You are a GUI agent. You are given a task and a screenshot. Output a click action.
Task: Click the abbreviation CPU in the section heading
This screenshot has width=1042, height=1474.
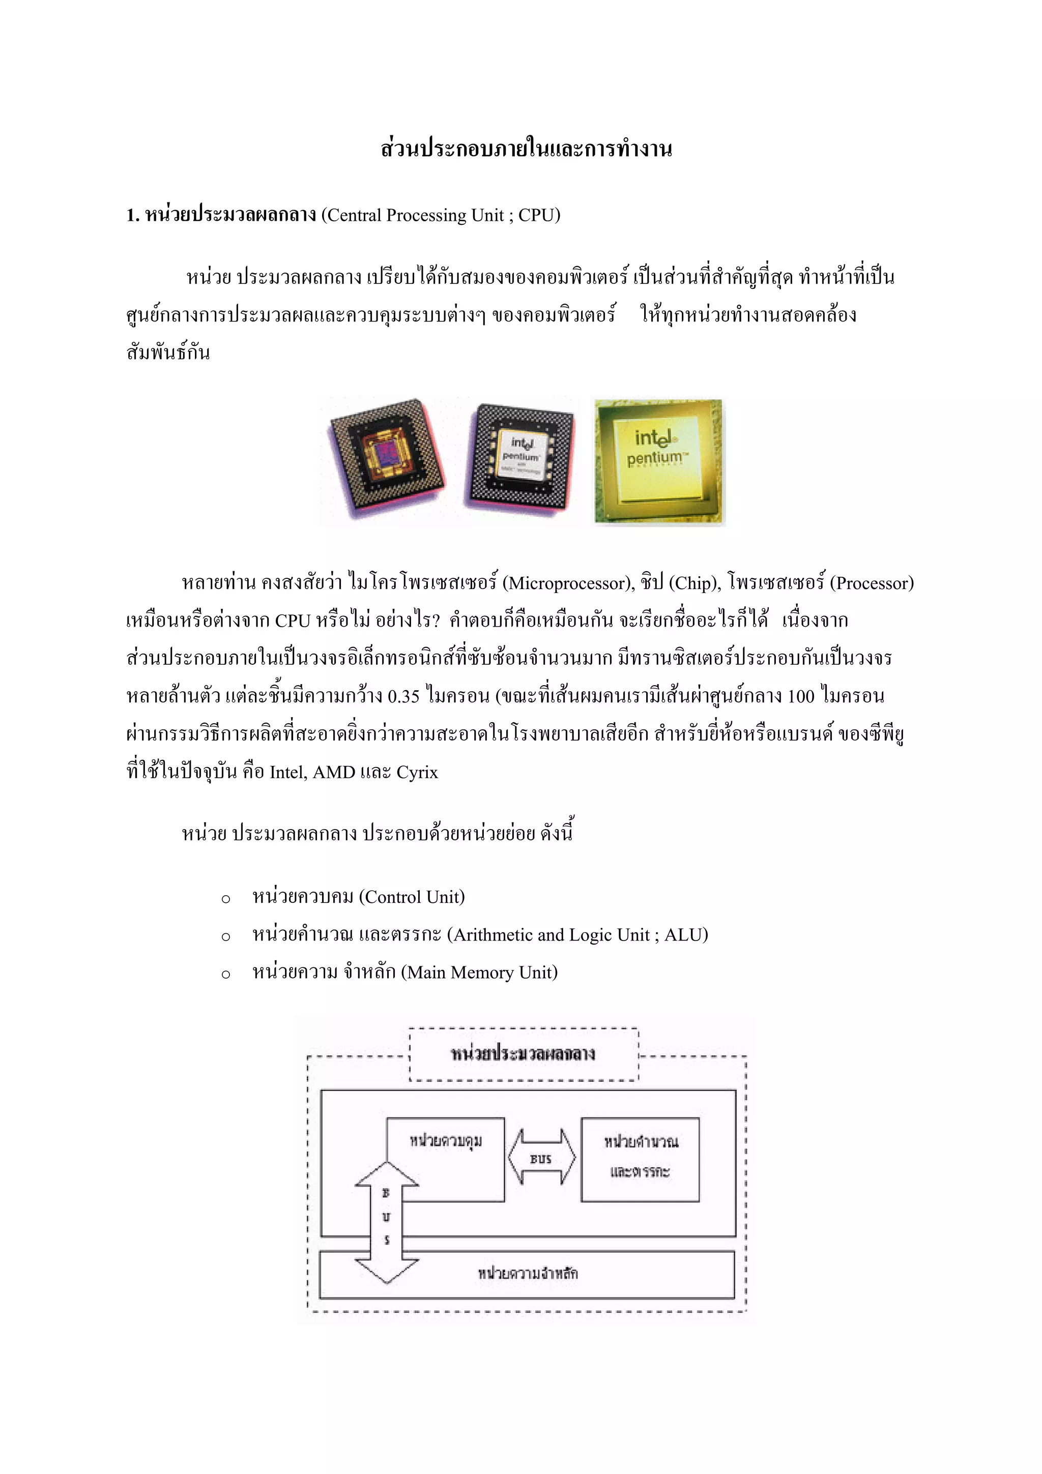(x=535, y=215)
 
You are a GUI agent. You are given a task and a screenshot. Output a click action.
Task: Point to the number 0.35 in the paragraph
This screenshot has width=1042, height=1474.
(x=403, y=696)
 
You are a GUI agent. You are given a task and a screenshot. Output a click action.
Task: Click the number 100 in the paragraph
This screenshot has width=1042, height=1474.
(x=801, y=696)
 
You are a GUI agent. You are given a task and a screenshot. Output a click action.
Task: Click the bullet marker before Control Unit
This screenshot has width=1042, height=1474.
(x=225, y=899)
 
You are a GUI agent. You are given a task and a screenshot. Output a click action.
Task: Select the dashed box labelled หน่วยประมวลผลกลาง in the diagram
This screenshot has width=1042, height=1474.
(x=524, y=1053)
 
